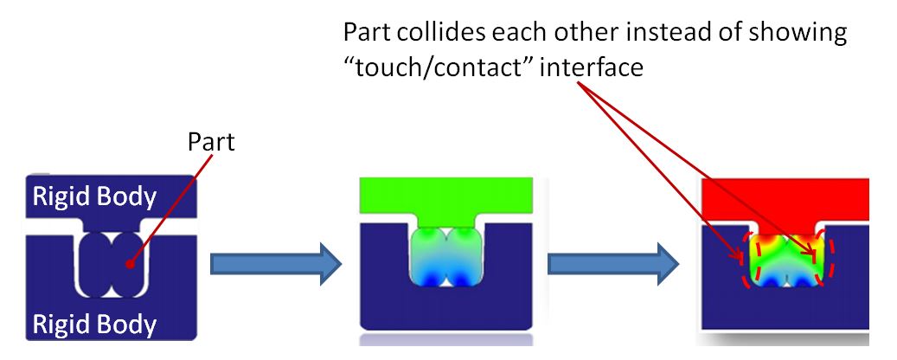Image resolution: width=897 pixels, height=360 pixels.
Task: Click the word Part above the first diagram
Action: pyautogui.click(x=212, y=143)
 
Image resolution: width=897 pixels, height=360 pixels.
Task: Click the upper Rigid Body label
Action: pyautogui.click(x=94, y=197)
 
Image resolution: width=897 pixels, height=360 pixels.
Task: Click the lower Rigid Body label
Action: pyautogui.click(x=94, y=325)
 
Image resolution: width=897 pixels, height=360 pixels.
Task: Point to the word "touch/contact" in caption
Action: pyautogui.click(x=439, y=67)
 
